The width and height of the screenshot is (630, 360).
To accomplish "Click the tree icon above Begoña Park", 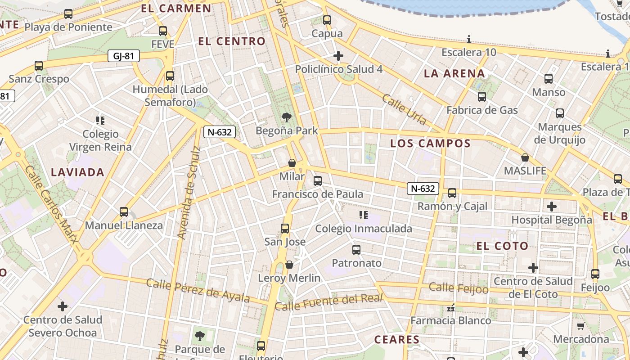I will (286, 118).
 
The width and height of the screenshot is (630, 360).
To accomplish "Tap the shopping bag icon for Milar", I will (292, 163).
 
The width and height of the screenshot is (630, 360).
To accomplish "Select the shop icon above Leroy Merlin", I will (289, 265).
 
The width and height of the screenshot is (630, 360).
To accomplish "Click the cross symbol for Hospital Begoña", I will (552, 207).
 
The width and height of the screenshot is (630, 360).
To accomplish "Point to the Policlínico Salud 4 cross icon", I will (338, 56).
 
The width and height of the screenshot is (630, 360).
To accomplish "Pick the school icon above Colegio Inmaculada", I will (364, 215).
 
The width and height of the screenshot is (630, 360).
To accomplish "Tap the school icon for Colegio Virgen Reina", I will (100, 121).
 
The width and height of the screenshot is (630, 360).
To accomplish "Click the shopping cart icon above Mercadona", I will (580, 326).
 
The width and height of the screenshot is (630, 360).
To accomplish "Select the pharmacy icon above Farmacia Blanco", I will (450, 308).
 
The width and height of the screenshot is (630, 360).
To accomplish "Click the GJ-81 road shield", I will (124, 56).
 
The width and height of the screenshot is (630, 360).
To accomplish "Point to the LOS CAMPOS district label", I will (430, 144).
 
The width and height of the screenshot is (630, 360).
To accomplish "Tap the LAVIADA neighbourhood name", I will (77, 172).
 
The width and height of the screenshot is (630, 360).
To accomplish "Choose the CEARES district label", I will (397, 339).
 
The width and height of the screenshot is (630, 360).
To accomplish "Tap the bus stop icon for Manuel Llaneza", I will (124, 211).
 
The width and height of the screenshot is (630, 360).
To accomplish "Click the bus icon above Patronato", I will (356, 249).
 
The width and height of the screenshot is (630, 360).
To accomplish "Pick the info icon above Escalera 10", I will (469, 40).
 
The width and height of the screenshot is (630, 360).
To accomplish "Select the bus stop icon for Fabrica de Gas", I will (482, 96).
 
